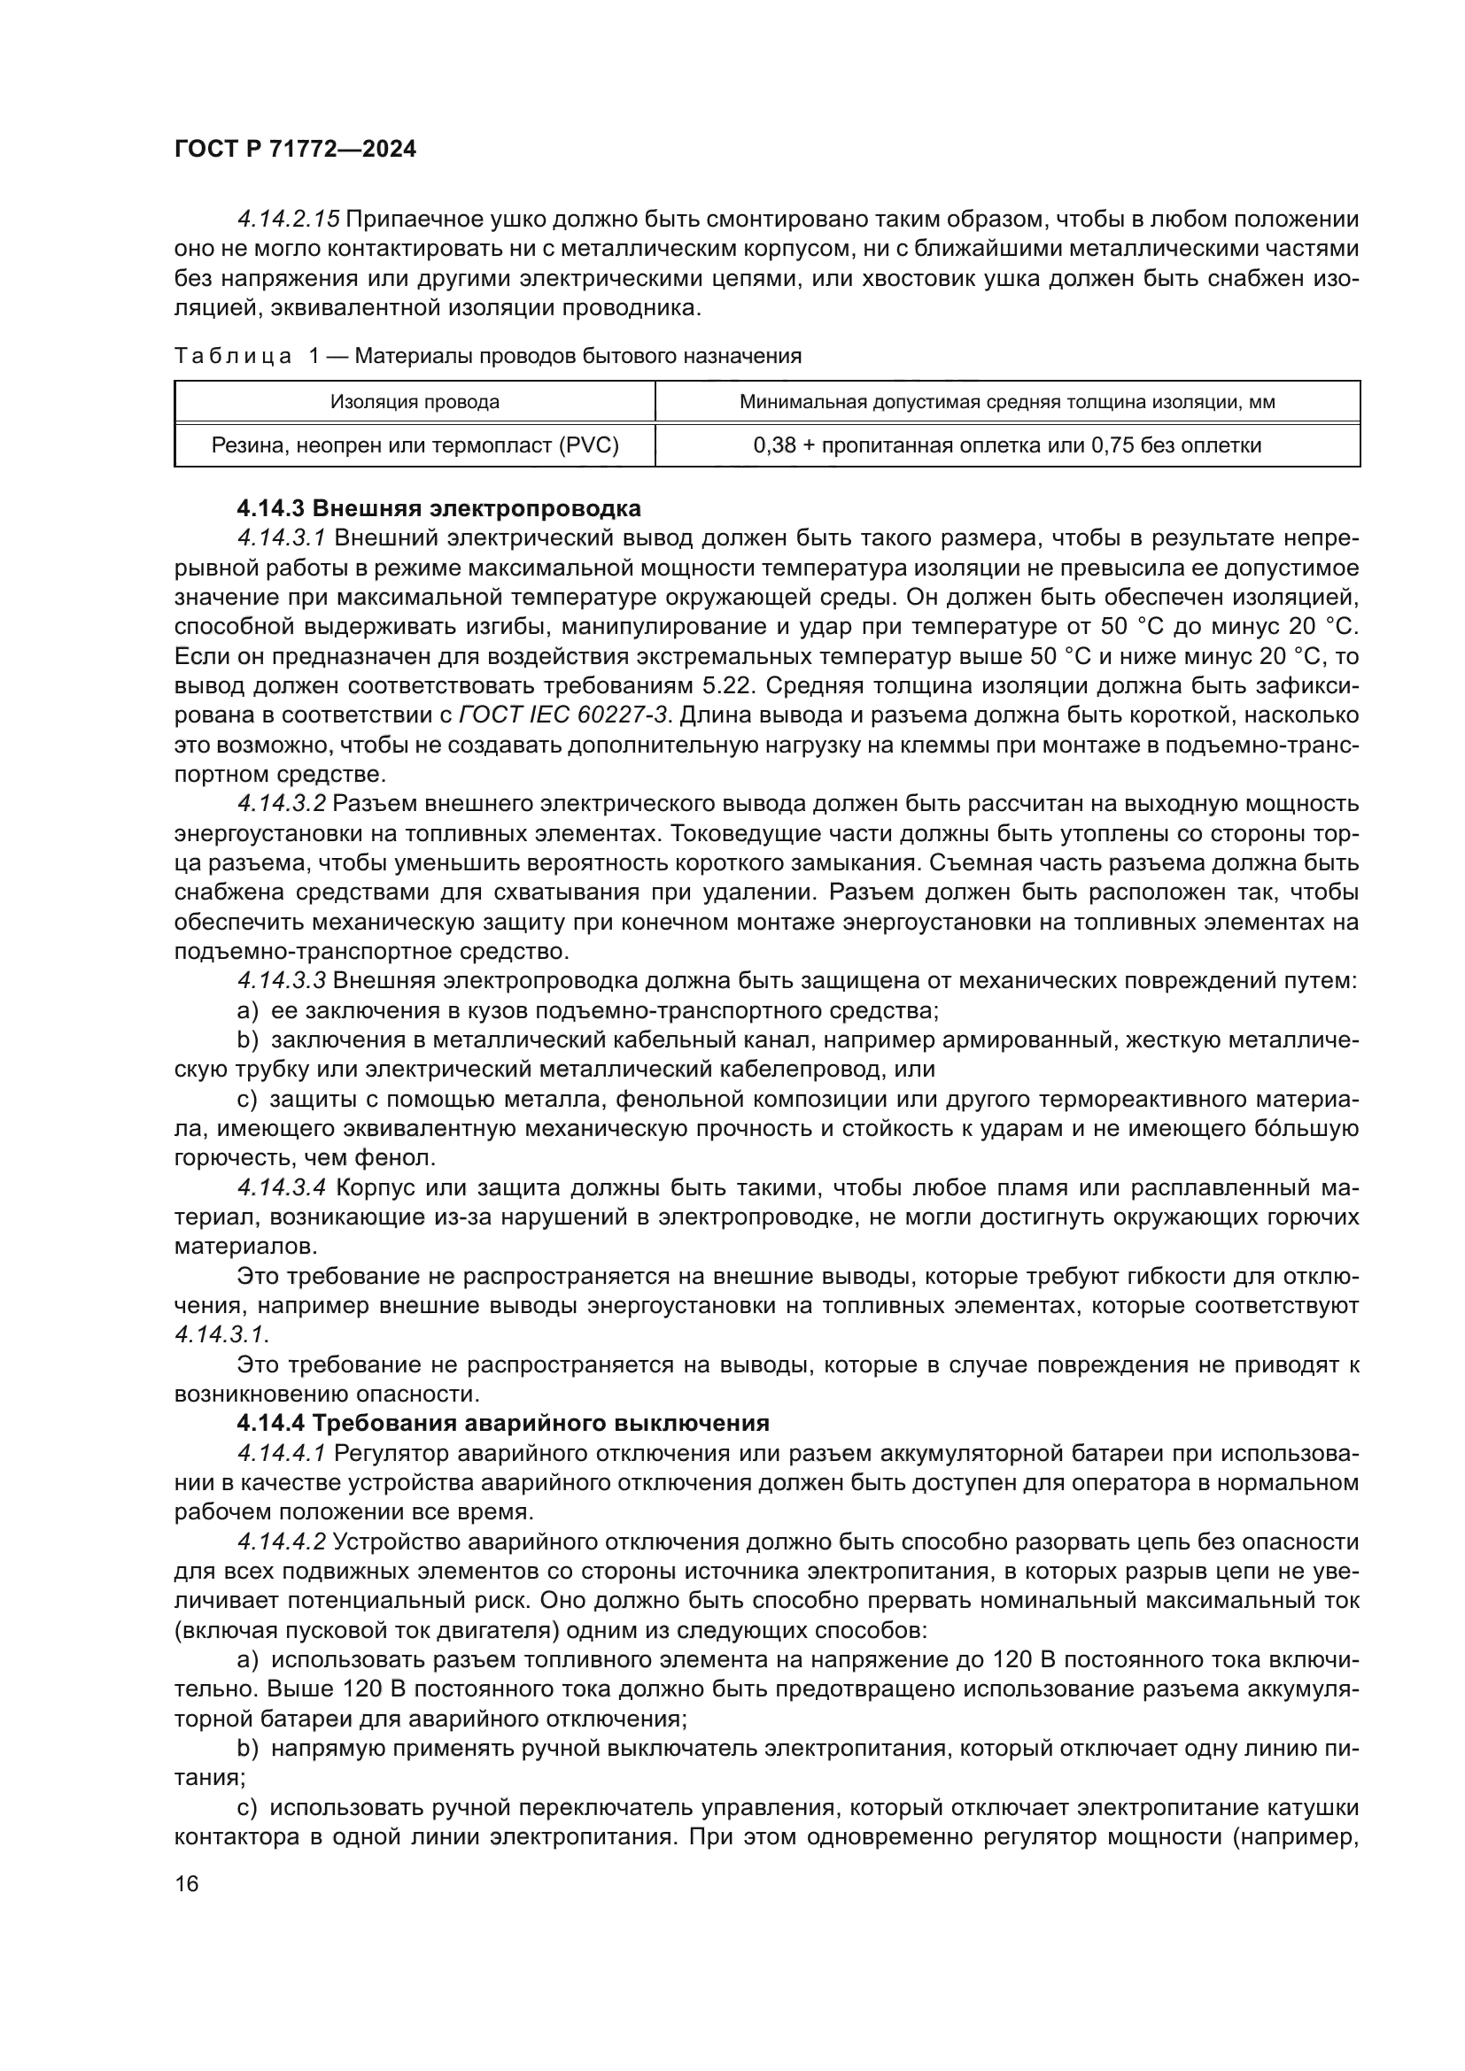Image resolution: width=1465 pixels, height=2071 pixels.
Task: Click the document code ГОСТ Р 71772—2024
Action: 295,150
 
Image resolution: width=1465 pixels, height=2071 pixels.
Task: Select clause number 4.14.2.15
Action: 288,220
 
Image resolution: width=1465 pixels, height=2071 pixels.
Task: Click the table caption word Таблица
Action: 233,356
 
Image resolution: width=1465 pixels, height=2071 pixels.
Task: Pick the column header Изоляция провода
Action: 414,402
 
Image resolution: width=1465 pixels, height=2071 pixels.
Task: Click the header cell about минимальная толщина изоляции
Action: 1007,402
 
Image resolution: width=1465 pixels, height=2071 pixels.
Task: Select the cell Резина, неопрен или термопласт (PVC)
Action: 414,444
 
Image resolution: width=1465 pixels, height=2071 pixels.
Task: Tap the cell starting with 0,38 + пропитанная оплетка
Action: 1007,444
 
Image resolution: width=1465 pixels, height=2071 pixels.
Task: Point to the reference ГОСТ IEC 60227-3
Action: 564,715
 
